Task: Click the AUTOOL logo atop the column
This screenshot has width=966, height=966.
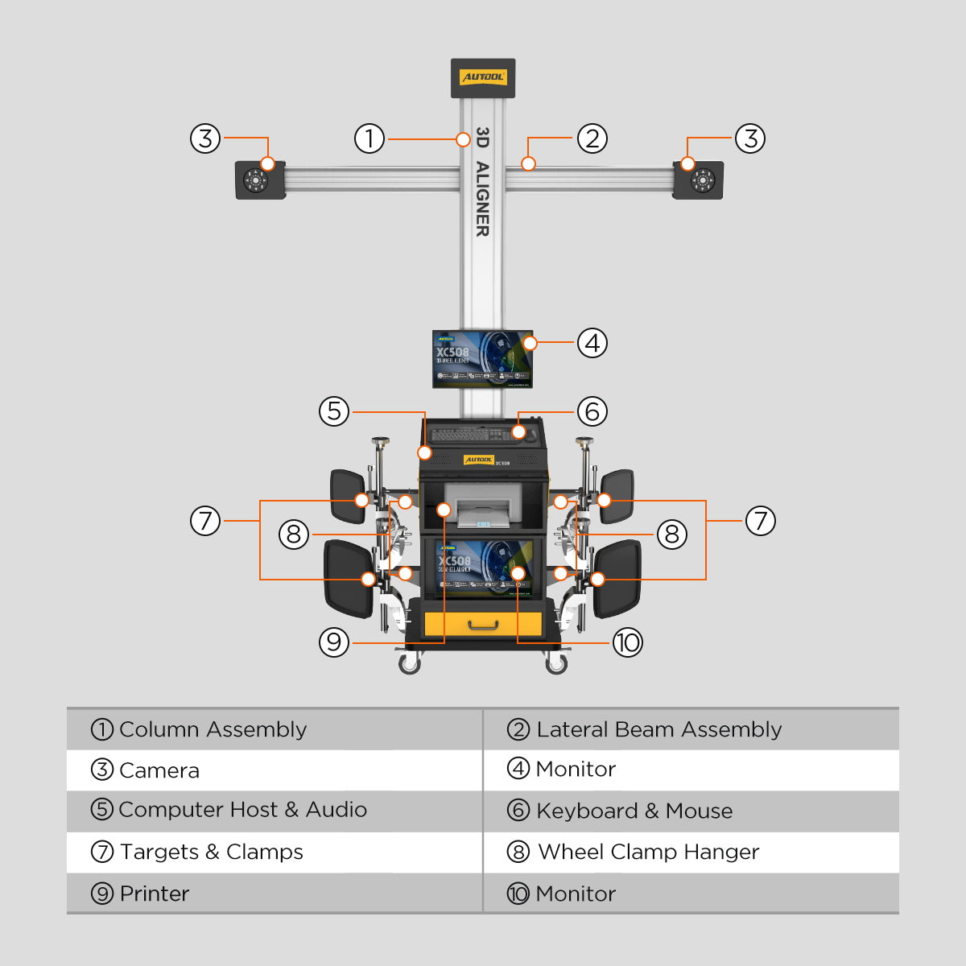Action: click(483, 77)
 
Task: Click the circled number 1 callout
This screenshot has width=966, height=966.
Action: click(369, 138)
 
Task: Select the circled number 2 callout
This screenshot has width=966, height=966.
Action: click(592, 138)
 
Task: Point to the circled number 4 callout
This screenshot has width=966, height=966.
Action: click(592, 343)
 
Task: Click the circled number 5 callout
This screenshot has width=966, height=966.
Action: click(334, 411)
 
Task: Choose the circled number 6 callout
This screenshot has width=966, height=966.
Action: click(592, 411)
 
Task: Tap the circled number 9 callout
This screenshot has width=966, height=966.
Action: click(334, 642)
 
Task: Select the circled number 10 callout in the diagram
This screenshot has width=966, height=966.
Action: click(628, 642)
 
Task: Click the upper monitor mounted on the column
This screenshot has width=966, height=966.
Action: click(482, 358)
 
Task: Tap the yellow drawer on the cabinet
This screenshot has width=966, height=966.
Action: click(483, 624)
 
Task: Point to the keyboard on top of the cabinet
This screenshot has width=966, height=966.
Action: click(471, 435)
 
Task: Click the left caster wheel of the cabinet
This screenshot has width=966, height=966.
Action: click(410, 663)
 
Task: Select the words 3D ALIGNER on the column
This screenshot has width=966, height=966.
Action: click(482, 181)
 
